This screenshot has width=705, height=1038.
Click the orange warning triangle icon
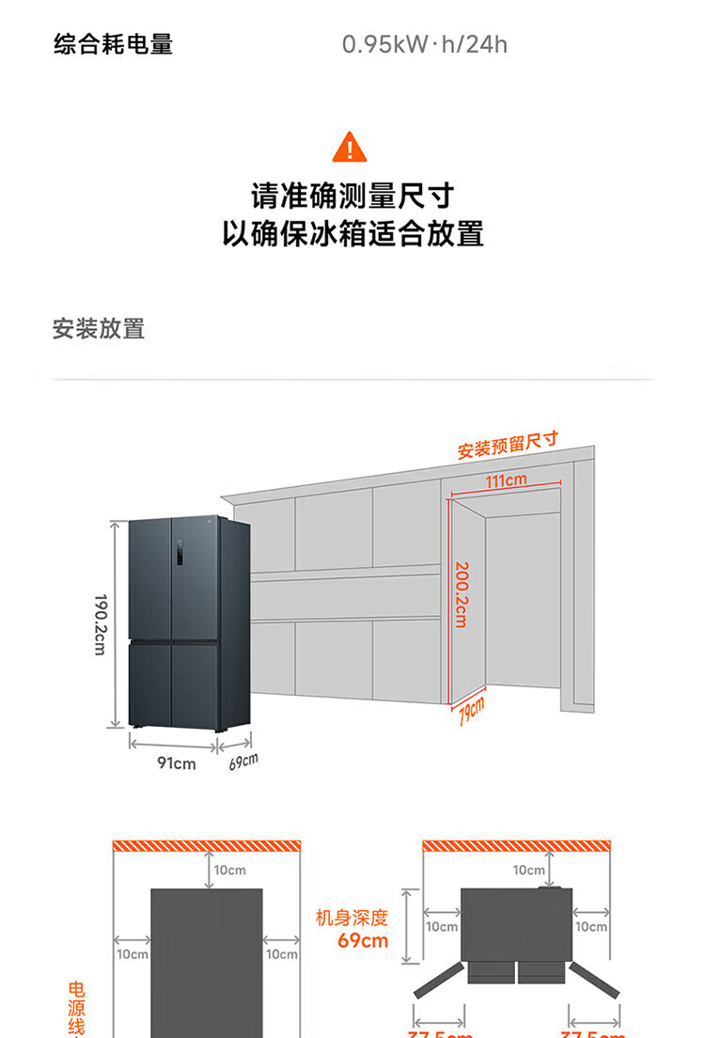click(350, 147)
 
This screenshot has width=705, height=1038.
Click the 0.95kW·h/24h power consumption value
click(424, 44)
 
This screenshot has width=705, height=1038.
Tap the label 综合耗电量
click(113, 44)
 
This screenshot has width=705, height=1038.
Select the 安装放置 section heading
click(99, 329)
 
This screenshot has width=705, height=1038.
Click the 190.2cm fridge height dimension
click(101, 624)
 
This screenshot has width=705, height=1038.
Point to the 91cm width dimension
click(176, 763)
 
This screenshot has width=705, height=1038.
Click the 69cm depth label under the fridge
click(243, 762)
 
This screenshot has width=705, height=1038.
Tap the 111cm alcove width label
click(506, 481)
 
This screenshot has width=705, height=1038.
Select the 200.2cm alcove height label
click(462, 594)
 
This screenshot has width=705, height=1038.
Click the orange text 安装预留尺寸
click(508, 445)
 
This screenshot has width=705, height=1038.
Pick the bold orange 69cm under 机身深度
click(363, 941)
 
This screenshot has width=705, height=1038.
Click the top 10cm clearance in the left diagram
click(230, 871)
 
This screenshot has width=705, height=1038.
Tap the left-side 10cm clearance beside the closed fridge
click(133, 953)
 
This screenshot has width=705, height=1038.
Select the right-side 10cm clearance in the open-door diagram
click(591, 926)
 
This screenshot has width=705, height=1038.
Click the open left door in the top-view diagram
click(441, 979)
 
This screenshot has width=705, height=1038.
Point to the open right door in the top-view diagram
click(593, 979)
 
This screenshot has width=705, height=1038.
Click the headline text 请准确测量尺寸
click(352, 197)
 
